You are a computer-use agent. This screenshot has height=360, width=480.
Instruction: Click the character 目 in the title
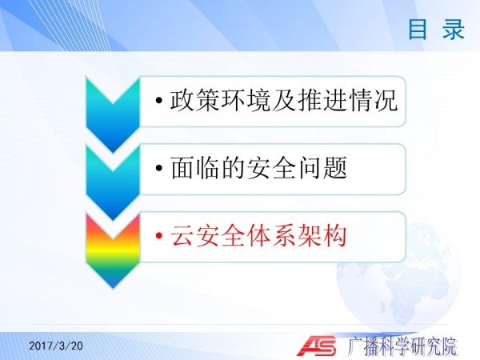418,29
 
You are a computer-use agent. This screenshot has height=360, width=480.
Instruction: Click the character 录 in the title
454,29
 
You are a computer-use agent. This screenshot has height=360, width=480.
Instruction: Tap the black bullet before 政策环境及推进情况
159,100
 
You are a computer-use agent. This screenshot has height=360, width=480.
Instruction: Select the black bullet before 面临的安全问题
159,168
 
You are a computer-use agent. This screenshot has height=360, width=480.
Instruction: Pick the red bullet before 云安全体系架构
159,235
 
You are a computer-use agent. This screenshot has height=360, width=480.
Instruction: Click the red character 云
182,235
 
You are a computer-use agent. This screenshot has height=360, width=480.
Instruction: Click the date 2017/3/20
56,346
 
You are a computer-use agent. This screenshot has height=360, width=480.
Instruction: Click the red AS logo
317,346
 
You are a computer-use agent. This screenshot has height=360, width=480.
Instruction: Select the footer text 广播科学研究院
402,346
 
